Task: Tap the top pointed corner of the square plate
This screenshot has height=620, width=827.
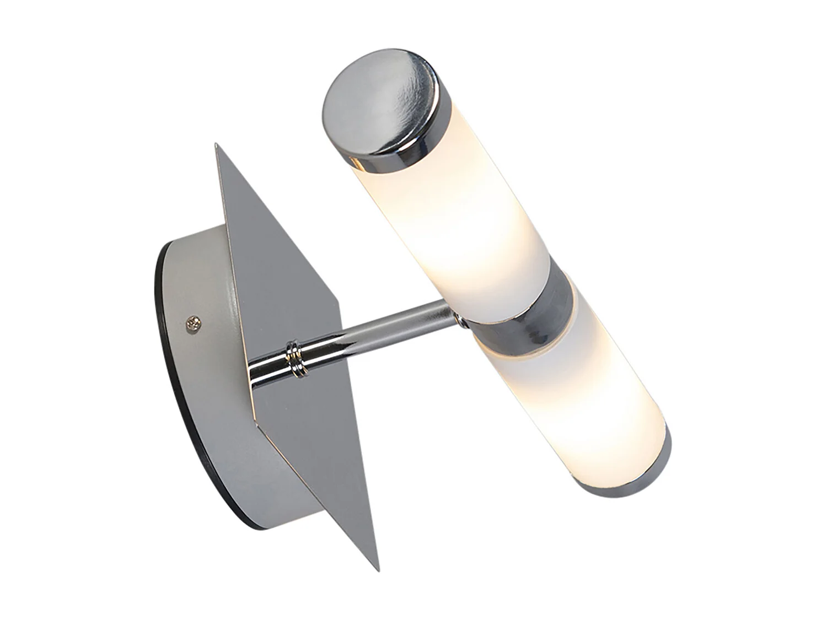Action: click(x=216, y=145)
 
